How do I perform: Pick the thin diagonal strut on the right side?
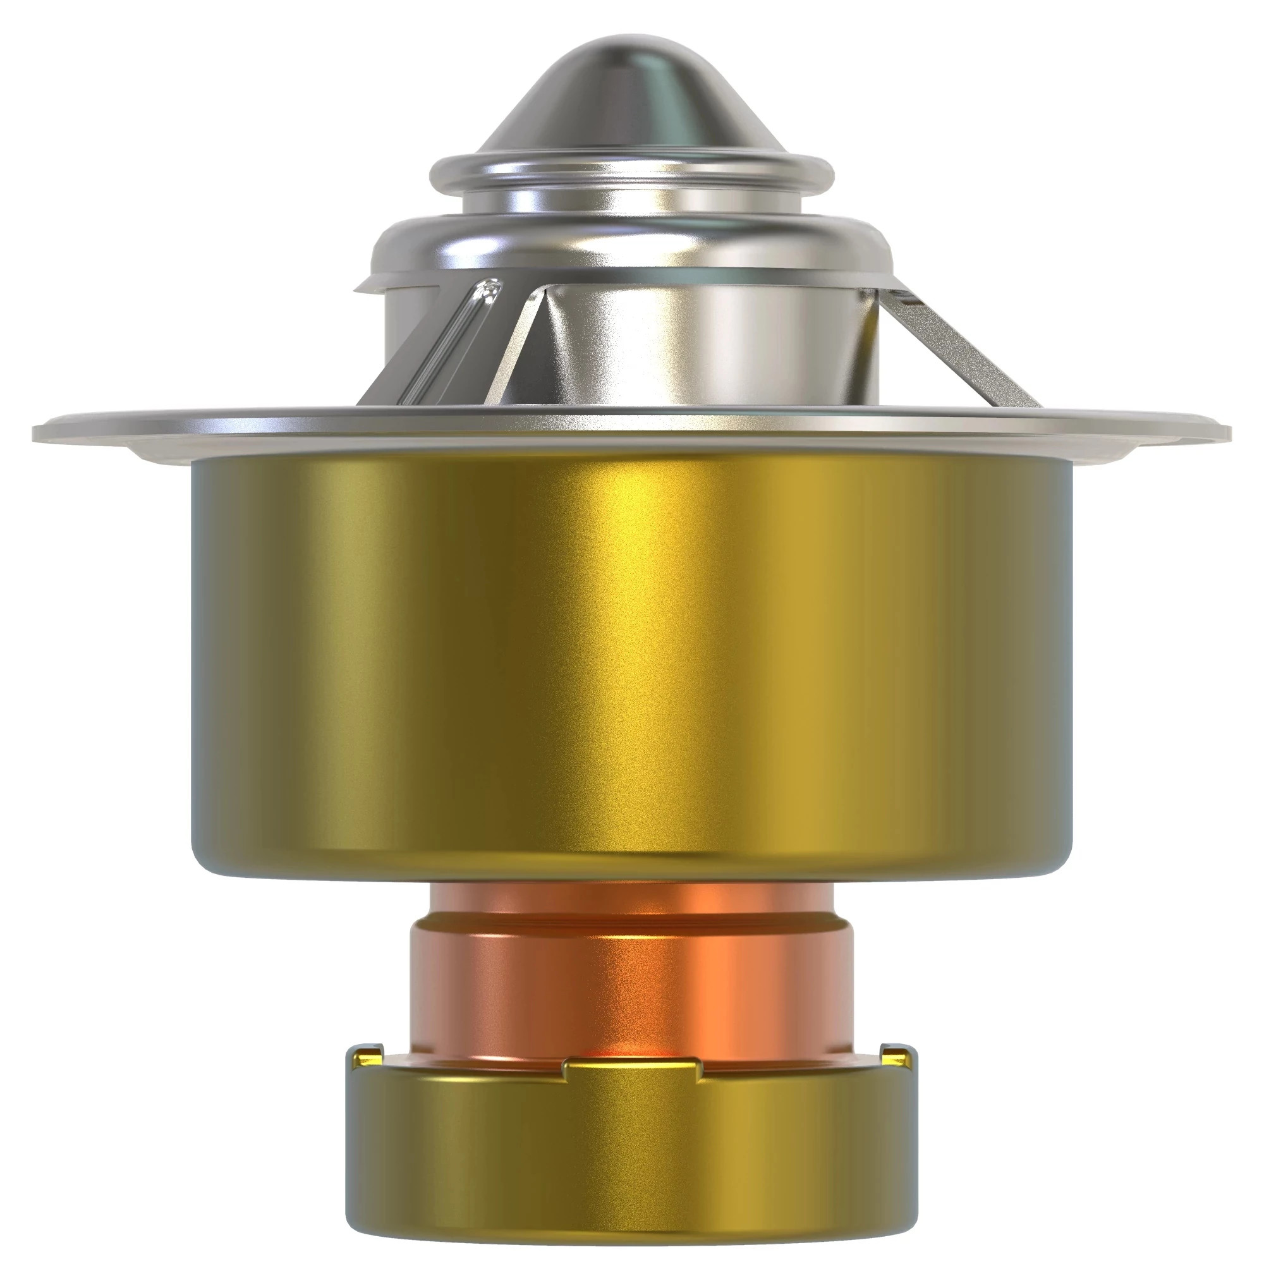[x=962, y=347]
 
